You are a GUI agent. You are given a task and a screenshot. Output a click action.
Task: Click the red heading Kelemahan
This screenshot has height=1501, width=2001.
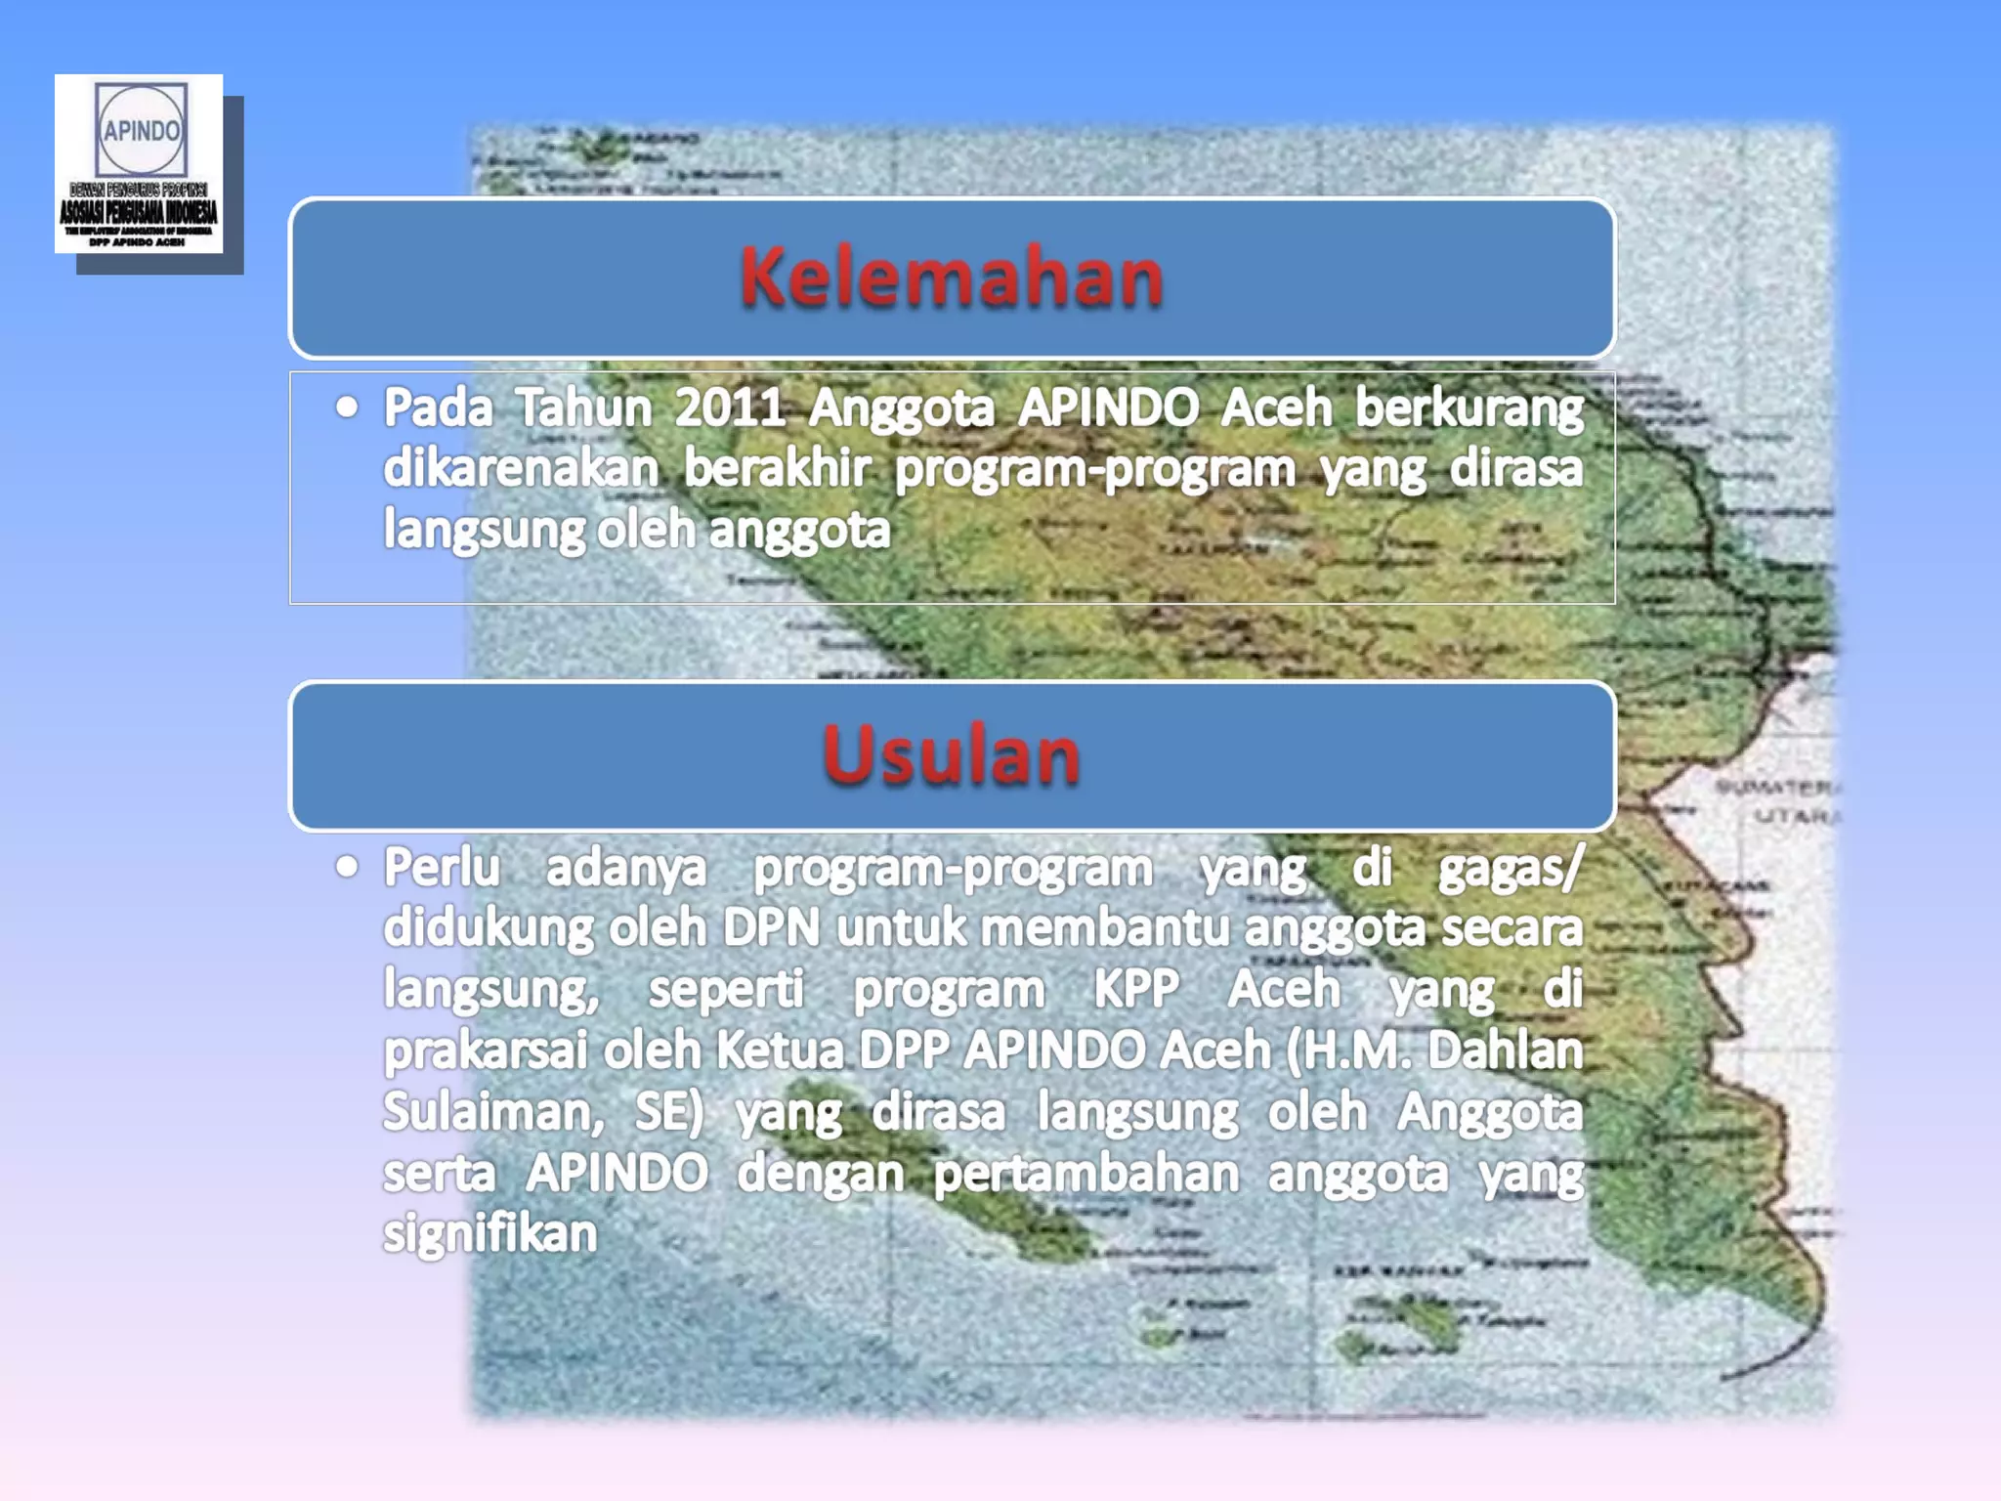click(951, 278)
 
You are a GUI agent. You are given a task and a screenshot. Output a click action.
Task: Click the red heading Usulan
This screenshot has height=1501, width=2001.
click(951, 755)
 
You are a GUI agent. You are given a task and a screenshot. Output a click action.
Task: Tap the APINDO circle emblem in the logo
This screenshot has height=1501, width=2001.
click(141, 130)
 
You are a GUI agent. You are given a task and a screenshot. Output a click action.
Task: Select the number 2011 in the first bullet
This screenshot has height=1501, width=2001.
click(730, 407)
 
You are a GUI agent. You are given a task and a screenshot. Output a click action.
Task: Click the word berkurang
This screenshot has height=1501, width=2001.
click(1469, 407)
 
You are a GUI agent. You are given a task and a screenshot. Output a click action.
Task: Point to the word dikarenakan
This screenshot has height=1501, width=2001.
click(521, 469)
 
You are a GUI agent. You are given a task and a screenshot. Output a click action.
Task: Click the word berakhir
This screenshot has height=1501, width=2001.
click(776, 469)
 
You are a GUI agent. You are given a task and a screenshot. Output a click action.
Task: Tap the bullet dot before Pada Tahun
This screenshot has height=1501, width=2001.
click(347, 407)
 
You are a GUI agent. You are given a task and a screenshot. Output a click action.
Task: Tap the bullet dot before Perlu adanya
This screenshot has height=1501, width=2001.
click(347, 866)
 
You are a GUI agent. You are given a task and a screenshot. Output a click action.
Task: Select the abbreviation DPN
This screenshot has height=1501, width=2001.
click(771, 927)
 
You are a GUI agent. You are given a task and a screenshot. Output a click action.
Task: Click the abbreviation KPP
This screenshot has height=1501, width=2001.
click(1136, 989)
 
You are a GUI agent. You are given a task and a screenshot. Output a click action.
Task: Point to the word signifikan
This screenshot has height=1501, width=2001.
click(490, 1234)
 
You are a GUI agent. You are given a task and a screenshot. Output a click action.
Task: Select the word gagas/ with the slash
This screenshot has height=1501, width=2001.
click(1510, 868)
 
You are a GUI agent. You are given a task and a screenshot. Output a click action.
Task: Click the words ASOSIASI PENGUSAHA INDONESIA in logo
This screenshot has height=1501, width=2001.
click(139, 212)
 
